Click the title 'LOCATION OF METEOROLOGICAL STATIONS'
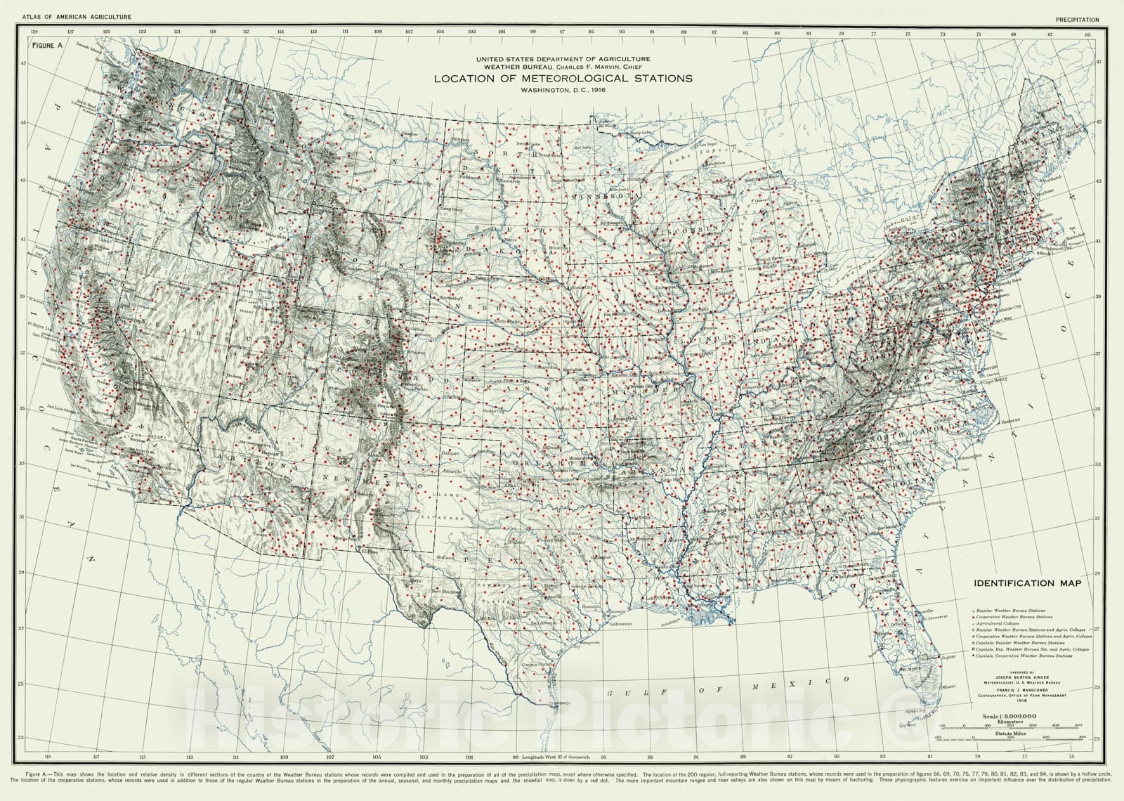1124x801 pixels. (562, 78)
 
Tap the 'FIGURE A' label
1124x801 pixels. (46, 44)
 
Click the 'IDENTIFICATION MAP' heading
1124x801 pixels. (1027, 582)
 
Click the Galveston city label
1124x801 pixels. (621, 624)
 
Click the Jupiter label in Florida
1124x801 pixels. (949, 658)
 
